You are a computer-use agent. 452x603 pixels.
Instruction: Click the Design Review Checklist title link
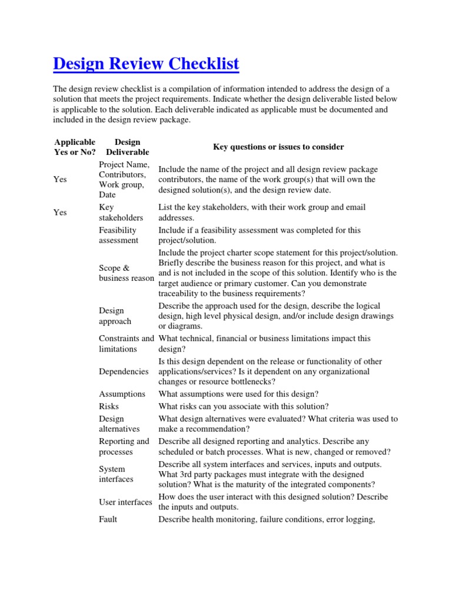146,64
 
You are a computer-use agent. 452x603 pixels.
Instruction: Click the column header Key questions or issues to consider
278,147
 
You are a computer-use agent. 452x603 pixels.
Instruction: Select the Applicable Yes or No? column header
74,147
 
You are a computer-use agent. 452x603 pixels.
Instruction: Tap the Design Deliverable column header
127,147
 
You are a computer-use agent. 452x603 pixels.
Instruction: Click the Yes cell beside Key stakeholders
60,213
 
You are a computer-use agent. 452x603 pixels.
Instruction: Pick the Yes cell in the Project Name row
60,180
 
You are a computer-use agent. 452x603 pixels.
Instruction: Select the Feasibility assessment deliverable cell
119,235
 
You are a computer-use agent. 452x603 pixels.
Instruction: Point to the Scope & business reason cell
126,273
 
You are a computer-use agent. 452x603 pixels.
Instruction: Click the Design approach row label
115,316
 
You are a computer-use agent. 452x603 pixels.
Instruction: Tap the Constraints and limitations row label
126,344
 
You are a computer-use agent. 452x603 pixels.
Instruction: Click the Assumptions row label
122,394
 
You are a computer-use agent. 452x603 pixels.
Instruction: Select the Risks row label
109,406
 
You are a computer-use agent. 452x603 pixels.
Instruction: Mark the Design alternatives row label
119,424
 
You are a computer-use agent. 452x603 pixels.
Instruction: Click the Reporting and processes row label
124,446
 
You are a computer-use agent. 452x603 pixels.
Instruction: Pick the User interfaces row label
125,502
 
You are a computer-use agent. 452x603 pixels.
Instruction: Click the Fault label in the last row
108,519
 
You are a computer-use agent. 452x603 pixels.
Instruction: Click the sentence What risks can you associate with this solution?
244,406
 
